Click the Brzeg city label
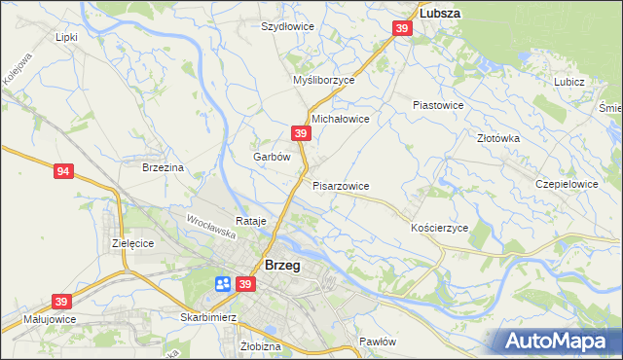[282, 265]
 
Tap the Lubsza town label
[439, 14]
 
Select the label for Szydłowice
[287, 26]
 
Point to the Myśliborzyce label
[324, 81]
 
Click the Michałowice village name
[340, 118]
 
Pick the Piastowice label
[438, 104]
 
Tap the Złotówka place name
[498, 138]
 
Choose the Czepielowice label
[567, 183]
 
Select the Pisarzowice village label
[341, 185]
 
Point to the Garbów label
[272, 156]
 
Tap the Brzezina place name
[163, 167]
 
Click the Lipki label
[66, 37]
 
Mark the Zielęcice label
[133, 242]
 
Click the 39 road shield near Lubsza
[402, 31]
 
